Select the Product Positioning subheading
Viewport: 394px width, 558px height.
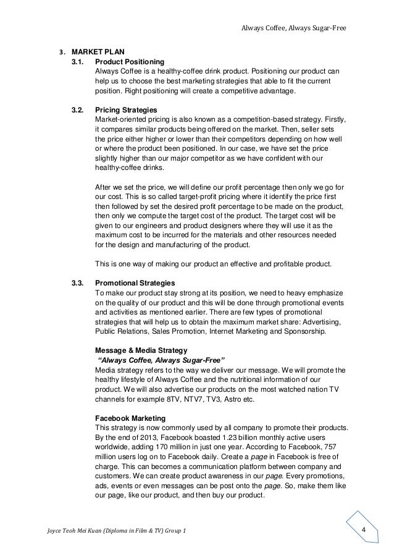pyautogui.click(x=129, y=62)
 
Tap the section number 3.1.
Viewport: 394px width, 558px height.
pyautogui.click(x=78, y=62)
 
